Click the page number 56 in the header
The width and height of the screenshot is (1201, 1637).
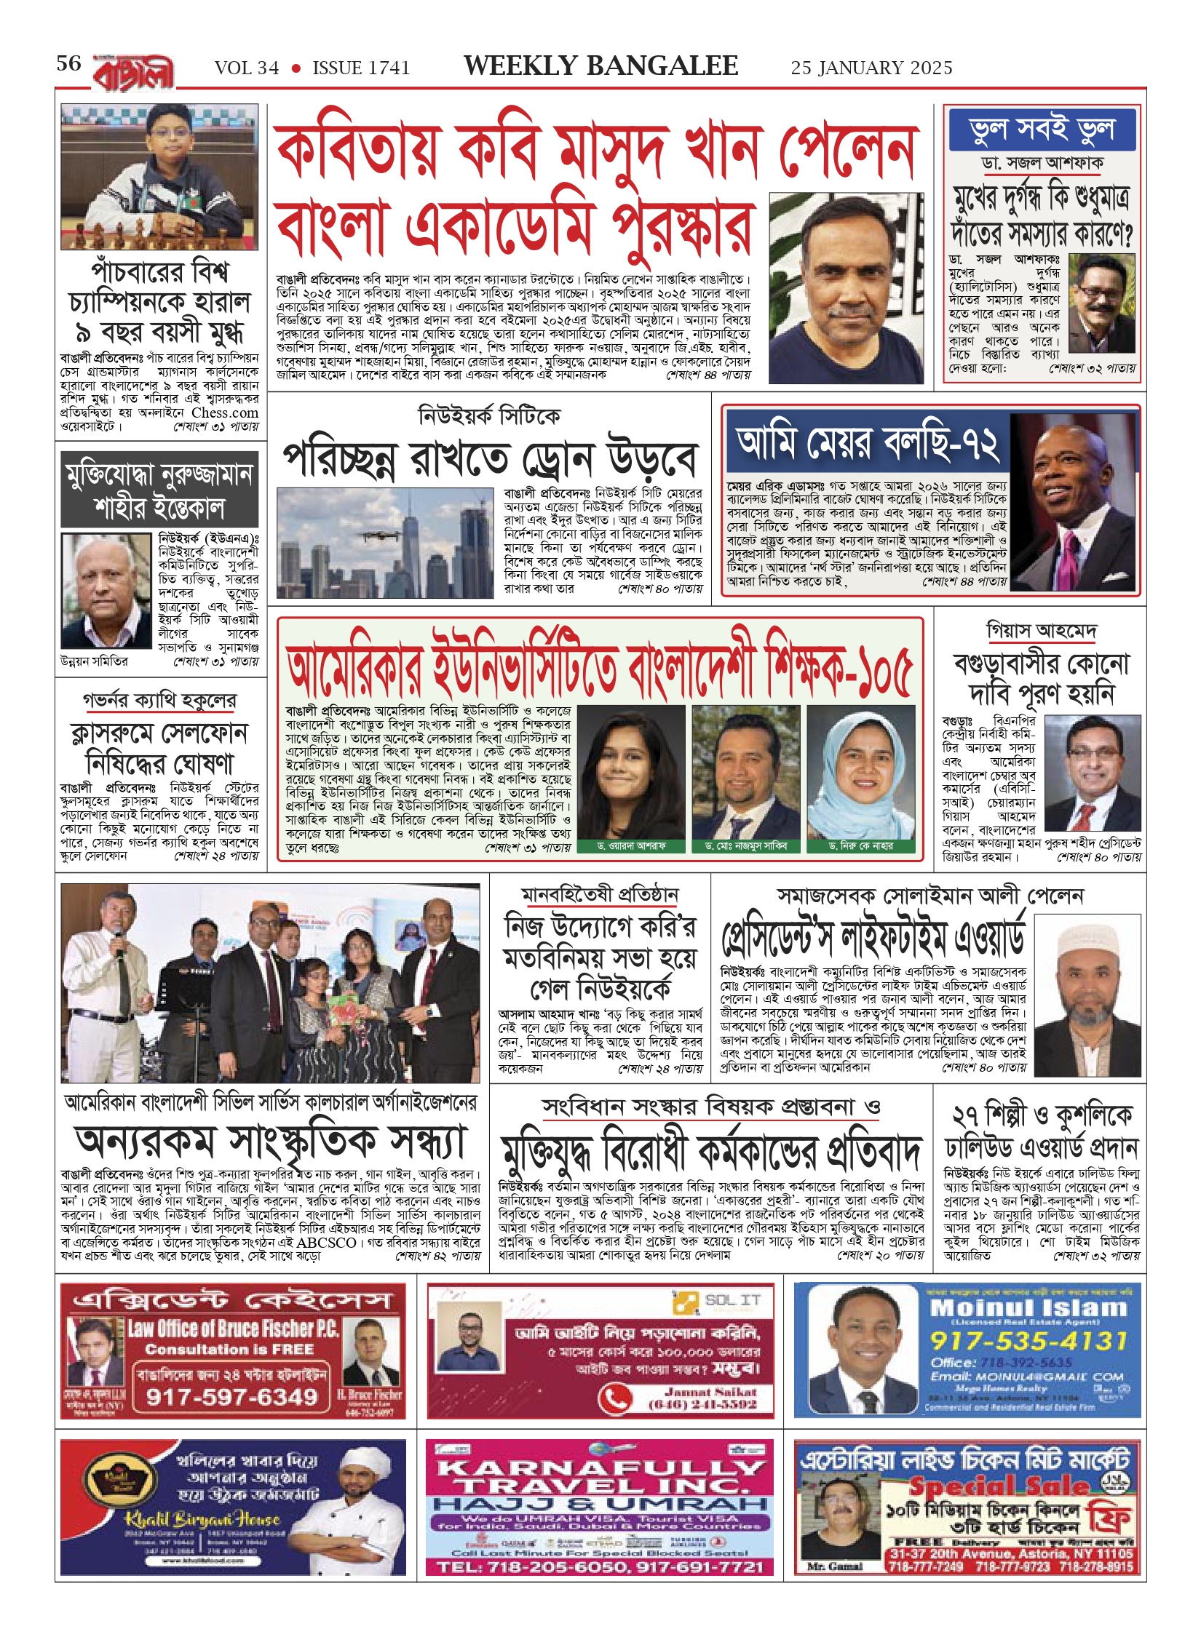tap(69, 64)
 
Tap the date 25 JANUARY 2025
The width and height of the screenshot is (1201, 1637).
tap(871, 68)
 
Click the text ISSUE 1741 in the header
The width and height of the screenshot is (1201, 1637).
tap(361, 68)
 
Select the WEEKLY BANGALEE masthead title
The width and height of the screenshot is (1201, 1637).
tap(600, 66)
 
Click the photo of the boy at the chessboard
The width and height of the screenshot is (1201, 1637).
tap(159, 176)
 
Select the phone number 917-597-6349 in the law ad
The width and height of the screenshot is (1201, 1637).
tap(232, 1396)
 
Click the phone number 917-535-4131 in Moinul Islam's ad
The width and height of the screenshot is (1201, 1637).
tap(1028, 1340)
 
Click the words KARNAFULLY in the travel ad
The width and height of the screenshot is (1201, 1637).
tap(600, 1467)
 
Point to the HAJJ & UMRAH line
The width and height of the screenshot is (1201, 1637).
tap(600, 1503)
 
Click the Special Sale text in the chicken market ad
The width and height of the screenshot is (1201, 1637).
tap(999, 1486)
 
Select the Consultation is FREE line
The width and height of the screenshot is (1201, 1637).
tap(229, 1350)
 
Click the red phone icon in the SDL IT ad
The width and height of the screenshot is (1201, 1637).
tap(616, 1398)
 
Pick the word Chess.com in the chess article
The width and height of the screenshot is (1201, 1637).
tap(225, 413)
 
